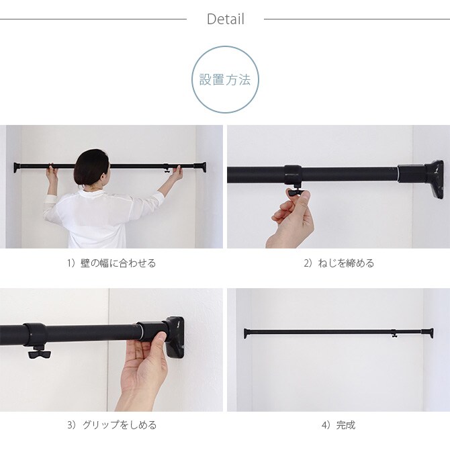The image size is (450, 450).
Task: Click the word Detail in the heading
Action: point(225,19)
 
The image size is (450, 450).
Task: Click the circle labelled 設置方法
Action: point(225,80)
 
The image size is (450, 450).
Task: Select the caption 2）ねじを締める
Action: point(338,263)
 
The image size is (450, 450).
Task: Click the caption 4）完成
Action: point(338,425)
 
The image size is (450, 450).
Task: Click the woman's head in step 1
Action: point(93,169)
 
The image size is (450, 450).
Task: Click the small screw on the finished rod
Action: point(394,334)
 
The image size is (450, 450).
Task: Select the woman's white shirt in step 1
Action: point(101,218)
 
